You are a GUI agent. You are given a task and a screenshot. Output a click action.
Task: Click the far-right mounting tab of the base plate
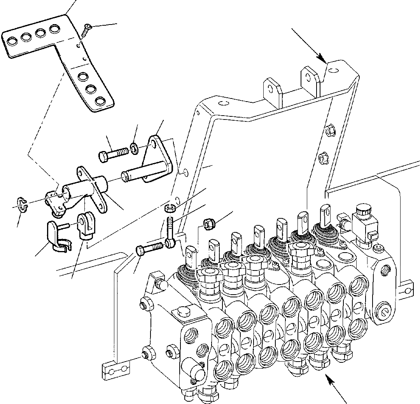(406, 286)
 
